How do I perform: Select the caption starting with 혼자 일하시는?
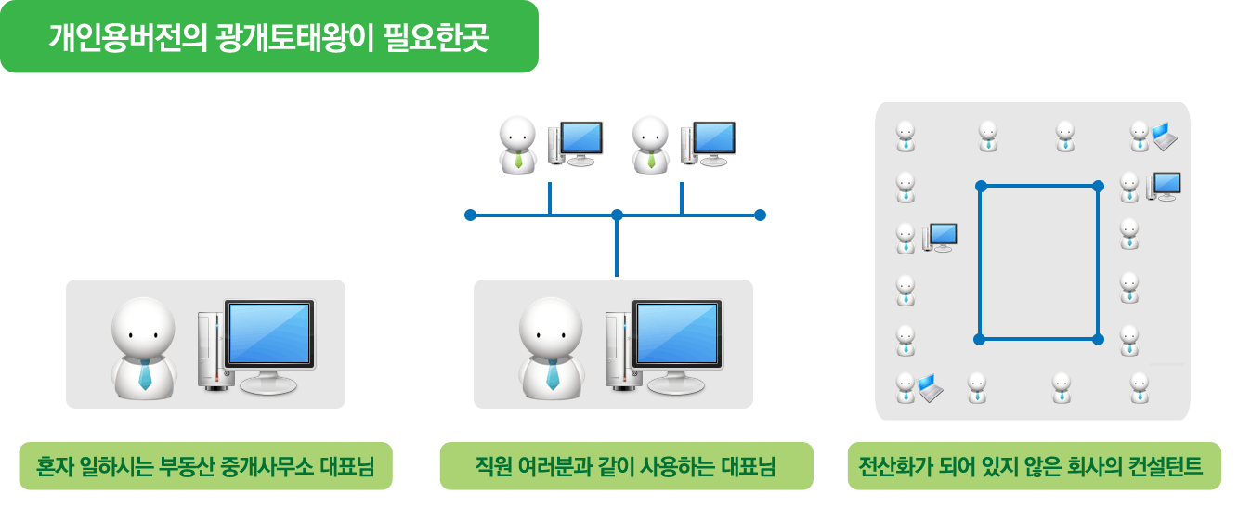click(205, 465)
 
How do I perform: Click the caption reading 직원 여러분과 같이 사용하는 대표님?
click(625, 465)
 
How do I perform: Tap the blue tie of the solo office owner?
click(145, 374)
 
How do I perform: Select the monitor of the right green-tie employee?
click(713, 139)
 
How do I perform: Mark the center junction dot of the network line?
click(617, 215)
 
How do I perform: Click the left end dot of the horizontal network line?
click(470, 215)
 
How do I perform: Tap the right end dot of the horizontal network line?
click(760, 215)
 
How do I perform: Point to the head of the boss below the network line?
click(550, 326)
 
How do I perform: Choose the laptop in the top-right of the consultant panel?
click(1164, 137)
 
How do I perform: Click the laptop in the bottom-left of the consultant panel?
click(930, 388)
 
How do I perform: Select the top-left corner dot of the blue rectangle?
click(981, 187)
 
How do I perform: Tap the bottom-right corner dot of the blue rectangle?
click(1098, 339)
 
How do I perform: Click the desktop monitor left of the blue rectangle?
click(943, 235)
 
